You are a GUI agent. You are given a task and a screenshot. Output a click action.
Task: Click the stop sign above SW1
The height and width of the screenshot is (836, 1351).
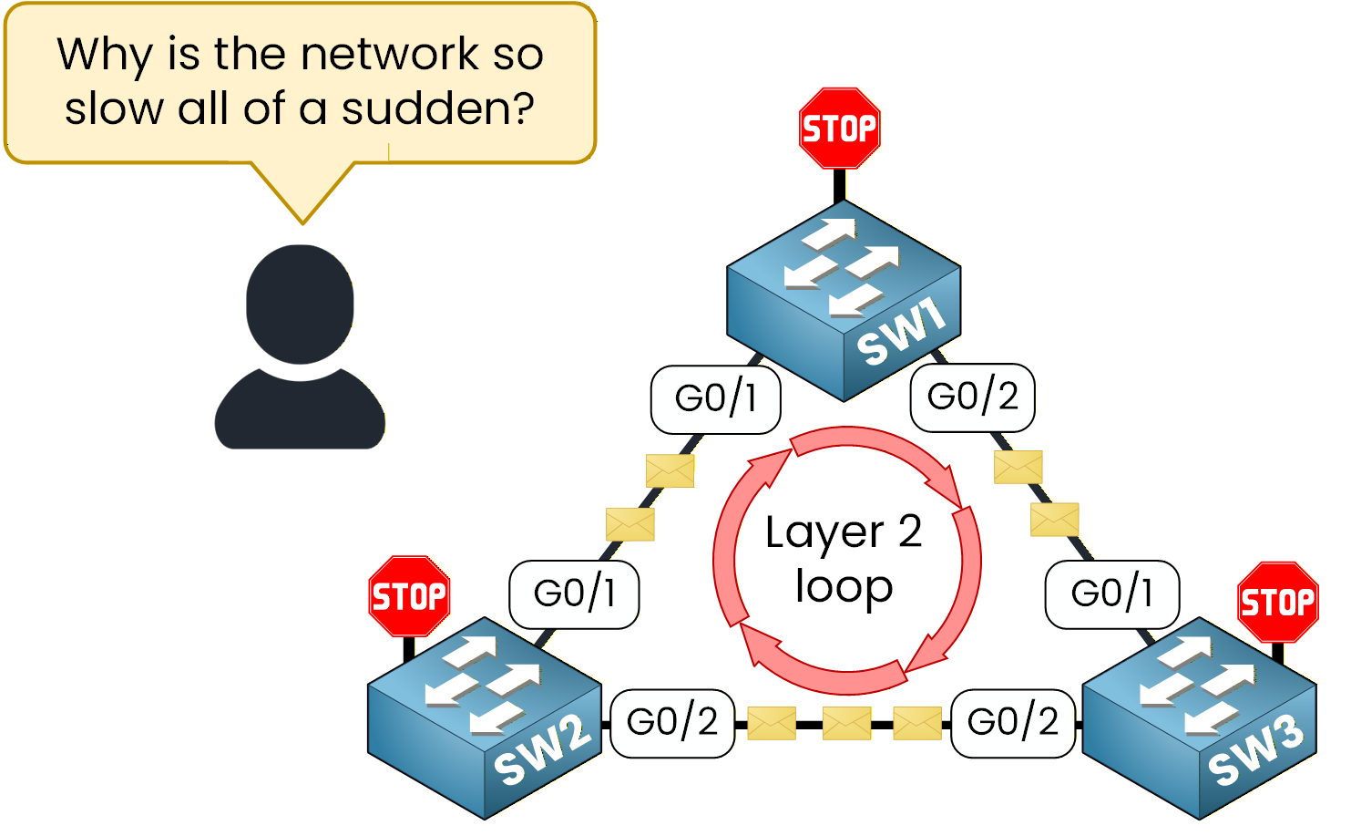pos(839,129)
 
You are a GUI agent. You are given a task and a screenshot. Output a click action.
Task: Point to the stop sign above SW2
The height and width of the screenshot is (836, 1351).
pos(409,596)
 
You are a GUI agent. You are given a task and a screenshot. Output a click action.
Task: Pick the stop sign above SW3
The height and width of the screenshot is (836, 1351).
pos(1278,602)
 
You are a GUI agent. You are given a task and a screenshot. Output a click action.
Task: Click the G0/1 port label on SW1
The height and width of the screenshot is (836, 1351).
pos(715,398)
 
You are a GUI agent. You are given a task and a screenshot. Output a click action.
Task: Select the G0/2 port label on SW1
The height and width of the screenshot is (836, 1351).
pos(972,397)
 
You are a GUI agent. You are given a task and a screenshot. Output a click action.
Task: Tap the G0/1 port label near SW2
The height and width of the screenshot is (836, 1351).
pos(574,593)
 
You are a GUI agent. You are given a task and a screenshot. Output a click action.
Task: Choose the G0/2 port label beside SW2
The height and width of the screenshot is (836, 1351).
pos(672,722)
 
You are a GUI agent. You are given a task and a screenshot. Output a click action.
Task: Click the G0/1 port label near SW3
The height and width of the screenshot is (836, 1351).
pos(1111,593)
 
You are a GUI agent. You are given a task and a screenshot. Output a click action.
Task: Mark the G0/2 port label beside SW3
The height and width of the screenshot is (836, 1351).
pos(1012,722)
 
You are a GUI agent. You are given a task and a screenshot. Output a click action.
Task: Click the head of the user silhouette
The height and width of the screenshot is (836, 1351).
pos(300,304)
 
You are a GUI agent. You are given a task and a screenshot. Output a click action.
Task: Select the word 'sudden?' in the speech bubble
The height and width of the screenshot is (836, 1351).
pos(438,108)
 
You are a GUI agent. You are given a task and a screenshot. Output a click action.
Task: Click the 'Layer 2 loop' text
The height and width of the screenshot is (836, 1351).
pos(844,558)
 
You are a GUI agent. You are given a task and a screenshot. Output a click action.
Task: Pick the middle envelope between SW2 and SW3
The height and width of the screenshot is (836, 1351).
pos(846,725)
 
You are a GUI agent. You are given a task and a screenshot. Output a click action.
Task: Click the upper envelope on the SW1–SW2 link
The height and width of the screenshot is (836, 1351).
pos(670,470)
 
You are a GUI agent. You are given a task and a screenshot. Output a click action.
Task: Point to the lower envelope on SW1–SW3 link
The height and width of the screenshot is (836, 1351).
pos(1054,520)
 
